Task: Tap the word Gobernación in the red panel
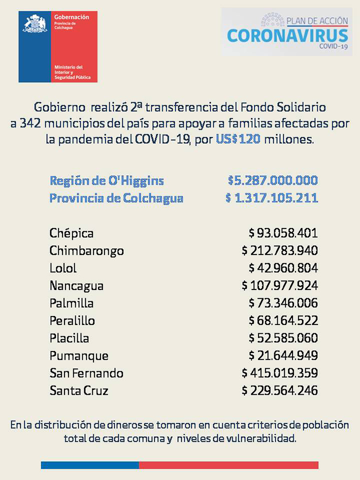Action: pyautogui.click(x=72, y=17)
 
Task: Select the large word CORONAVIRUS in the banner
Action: pyautogui.click(x=287, y=36)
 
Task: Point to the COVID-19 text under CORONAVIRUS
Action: pyautogui.click(x=334, y=46)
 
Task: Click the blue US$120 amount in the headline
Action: pyautogui.click(x=238, y=139)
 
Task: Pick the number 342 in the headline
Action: pyautogui.click(x=30, y=123)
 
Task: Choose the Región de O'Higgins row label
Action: pyautogui.click(x=107, y=181)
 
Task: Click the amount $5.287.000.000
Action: pyautogui.click(x=273, y=180)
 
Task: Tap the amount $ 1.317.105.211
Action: pyautogui.click(x=272, y=198)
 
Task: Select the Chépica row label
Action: pyautogui.click(x=71, y=233)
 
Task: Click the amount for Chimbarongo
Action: pyautogui.click(x=280, y=250)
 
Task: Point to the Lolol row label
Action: pyautogui.click(x=63, y=268)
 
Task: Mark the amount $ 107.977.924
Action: pyautogui.click(x=280, y=285)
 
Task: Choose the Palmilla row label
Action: pyautogui.click(x=72, y=303)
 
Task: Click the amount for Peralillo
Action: pyautogui.click(x=283, y=321)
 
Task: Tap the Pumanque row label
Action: pyautogui.click(x=79, y=356)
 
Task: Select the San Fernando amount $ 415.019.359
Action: pyautogui.click(x=280, y=373)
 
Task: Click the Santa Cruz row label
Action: pyautogui.click(x=79, y=391)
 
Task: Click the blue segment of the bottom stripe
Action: pyautogui.click(x=90, y=465)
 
